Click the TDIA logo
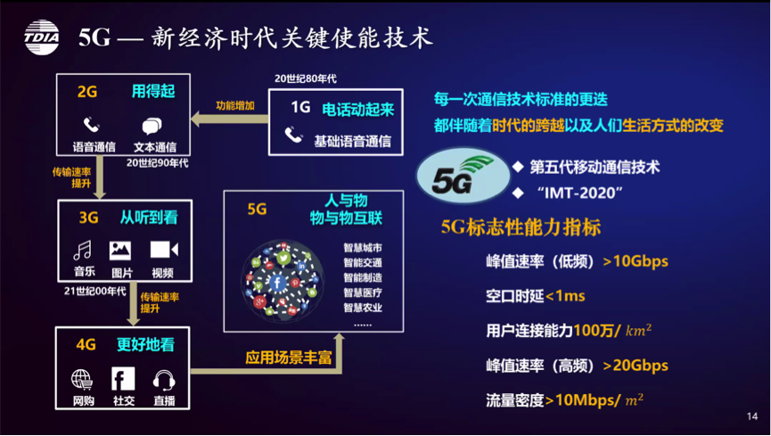(x=42, y=37)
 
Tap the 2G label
(x=87, y=92)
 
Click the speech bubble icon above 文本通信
(x=152, y=126)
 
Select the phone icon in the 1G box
(x=293, y=135)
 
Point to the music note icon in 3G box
(x=82, y=250)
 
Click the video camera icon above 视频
(x=164, y=250)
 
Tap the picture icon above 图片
(x=120, y=251)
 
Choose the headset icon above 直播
(x=164, y=381)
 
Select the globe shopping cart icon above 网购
(x=82, y=380)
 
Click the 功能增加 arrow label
(x=235, y=105)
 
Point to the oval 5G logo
(x=463, y=176)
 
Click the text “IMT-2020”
(x=579, y=193)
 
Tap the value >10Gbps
(x=636, y=261)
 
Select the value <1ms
(x=565, y=296)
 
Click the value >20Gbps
(x=636, y=366)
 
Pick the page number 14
(x=751, y=416)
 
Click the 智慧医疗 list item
(x=363, y=292)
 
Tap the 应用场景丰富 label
(x=289, y=358)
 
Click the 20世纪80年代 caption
(x=306, y=78)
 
